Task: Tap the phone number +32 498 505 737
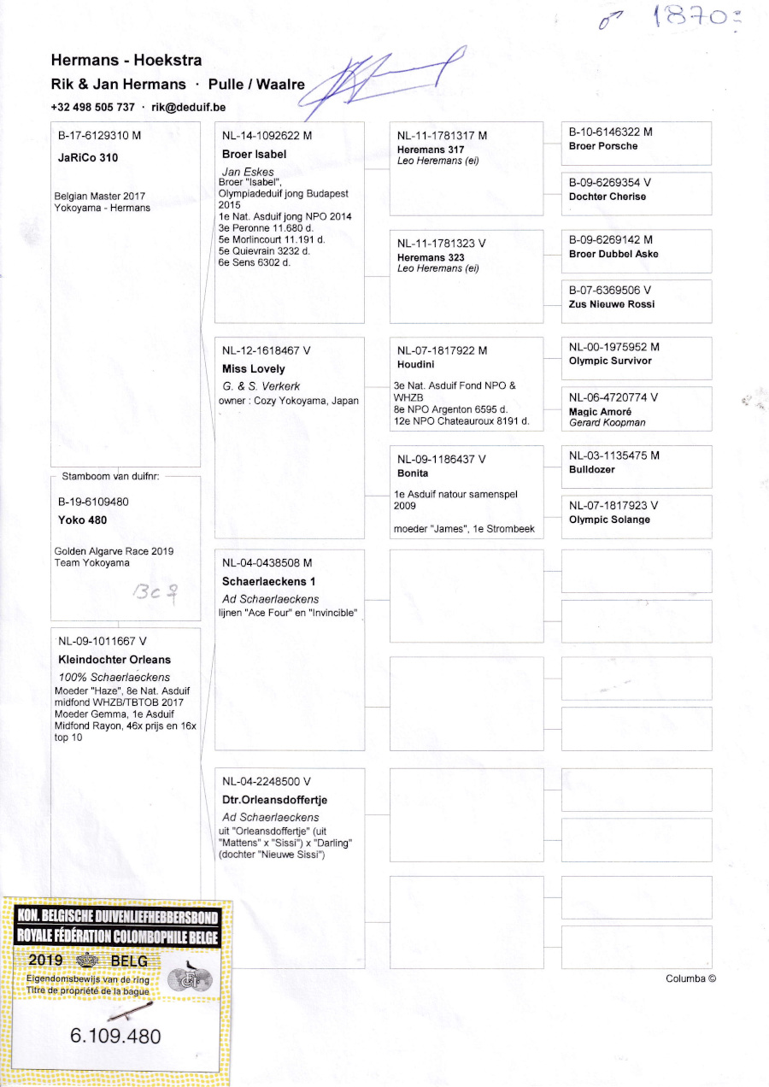[92, 107]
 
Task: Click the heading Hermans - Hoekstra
[126, 60]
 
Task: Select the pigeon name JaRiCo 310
[88, 158]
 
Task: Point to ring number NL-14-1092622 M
[267, 135]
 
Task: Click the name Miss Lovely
[254, 369]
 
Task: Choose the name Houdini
[417, 363]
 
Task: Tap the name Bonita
[413, 473]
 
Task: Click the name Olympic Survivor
[610, 361]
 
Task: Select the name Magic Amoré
[600, 411]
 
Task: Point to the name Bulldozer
[591, 469]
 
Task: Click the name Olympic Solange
[609, 520]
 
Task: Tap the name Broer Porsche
[603, 146]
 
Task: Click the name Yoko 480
[82, 520]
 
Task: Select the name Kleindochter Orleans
[114, 660]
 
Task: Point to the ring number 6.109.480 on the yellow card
[115, 1037]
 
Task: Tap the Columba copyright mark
[690, 978]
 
